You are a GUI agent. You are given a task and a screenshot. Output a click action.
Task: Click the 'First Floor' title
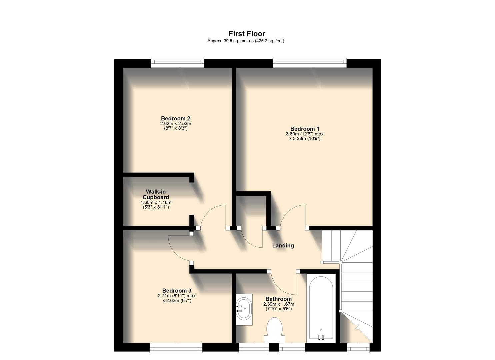[247, 34]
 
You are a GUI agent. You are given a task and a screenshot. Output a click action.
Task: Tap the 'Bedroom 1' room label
[305, 129]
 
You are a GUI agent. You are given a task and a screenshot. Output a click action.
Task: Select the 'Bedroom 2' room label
[175, 118]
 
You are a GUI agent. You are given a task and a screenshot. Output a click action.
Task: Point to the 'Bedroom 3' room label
[176, 291]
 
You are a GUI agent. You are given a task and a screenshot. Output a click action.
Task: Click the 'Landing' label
[283, 246]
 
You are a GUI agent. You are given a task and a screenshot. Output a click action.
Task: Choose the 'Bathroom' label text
[278, 299]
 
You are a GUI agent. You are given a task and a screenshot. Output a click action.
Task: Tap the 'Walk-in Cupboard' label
[156, 194]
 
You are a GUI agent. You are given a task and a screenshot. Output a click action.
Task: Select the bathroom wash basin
[244, 308]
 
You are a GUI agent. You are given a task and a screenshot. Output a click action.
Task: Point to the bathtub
[321, 307]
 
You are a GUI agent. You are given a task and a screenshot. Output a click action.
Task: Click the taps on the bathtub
[321, 337]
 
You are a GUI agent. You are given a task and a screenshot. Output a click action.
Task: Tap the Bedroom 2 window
[177, 63]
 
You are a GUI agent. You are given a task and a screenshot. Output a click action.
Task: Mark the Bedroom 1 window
[309, 63]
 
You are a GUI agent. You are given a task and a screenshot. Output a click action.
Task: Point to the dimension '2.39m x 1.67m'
[278, 304]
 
